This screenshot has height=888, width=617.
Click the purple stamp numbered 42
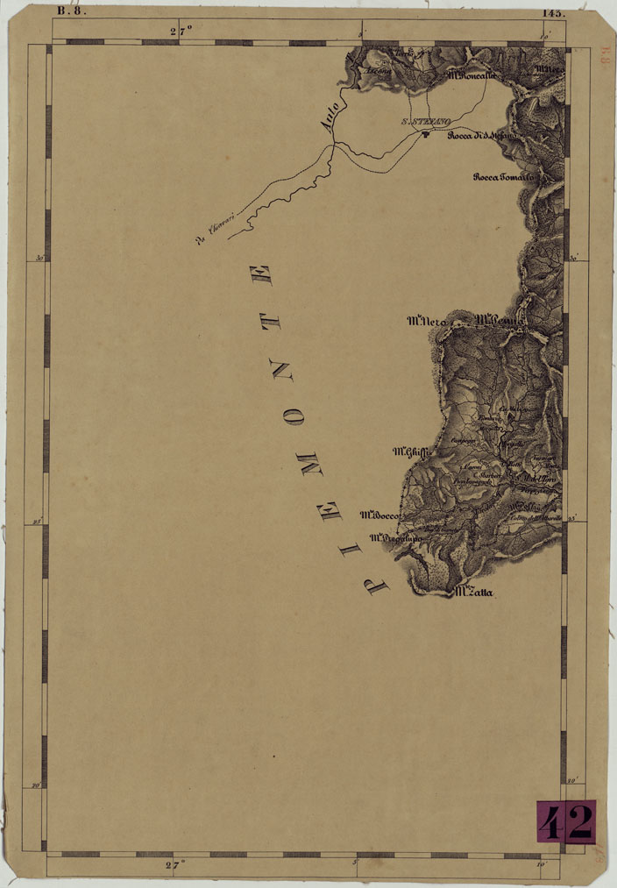(x=566, y=822)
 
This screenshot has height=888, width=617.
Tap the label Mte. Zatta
(x=474, y=593)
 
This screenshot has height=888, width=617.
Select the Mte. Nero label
(x=428, y=322)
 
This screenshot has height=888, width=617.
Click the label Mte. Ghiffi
(x=409, y=452)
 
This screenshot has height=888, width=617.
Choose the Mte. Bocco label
(x=380, y=515)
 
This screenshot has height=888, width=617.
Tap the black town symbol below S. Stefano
(x=427, y=133)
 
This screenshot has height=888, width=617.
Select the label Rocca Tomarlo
(x=502, y=176)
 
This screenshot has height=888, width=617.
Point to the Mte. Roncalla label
(x=471, y=75)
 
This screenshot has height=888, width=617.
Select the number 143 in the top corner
(x=554, y=12)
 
